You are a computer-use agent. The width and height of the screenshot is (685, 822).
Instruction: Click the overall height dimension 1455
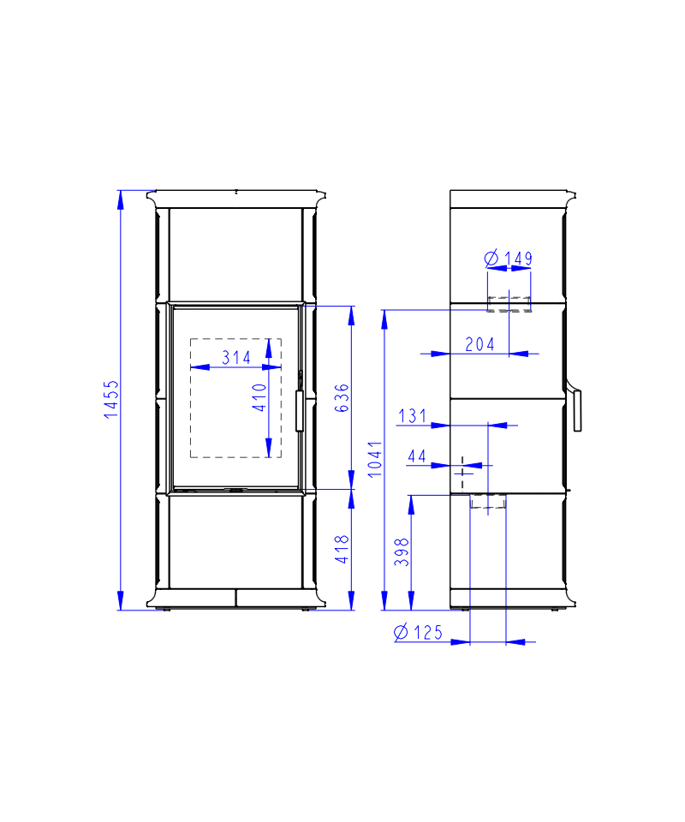coord(111,400)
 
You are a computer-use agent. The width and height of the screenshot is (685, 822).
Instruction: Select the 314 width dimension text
coord(236,358)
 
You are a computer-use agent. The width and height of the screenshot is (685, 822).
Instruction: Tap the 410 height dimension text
coord(259,397)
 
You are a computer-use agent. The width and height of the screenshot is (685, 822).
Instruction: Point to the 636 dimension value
coord(341,398)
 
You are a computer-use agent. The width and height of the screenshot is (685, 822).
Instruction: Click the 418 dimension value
coord(342,549)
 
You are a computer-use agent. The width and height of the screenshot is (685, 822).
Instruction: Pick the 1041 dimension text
coord(375,459)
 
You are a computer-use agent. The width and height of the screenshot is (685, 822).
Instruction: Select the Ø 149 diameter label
coord(508,258)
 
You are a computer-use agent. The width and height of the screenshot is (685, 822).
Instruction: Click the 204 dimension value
coord(479,344)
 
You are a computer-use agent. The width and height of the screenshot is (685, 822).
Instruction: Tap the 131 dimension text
coord(413,416)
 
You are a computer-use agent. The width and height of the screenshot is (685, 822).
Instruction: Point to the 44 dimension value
coord(417,456)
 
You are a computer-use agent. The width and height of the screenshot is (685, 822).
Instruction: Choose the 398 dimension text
coord(402,552)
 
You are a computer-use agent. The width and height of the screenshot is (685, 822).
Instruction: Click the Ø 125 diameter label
coord(418,632)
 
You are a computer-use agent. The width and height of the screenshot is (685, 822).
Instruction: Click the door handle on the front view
coord(300,410)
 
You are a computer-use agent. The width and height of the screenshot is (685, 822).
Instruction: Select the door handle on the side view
coord(577,410)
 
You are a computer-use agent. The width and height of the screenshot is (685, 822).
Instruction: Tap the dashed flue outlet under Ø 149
coord(509,304)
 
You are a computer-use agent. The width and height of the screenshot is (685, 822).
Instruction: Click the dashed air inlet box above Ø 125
coord(488,501)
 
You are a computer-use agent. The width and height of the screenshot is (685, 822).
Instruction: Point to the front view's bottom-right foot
coord(305,610)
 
